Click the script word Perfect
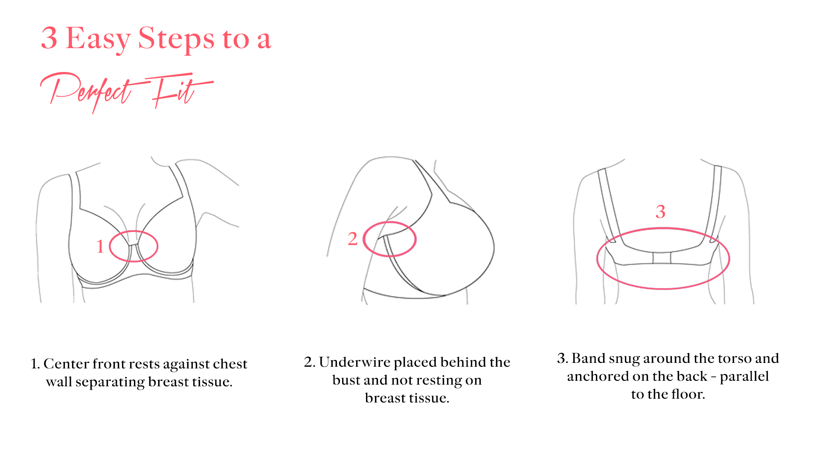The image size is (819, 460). pyautogui.click(x=92, y=91)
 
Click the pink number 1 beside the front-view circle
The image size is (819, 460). pyautogui.click(x=100, y=247)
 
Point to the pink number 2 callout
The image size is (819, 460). pyautogui.click(x=352, y=239)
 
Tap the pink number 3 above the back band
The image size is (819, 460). pyautogui.click(x=660, y=212)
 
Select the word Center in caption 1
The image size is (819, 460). pyautogui.click(x=65, y=364)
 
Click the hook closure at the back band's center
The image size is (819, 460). pyautogui.click(x=662, y=258)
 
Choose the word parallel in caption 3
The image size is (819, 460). pyautogui.click(x=744, y=377)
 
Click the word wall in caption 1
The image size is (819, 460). pyautogui.click(x=58, y=382)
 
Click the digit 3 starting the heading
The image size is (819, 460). pyautogui.click(x=49, y=38)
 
